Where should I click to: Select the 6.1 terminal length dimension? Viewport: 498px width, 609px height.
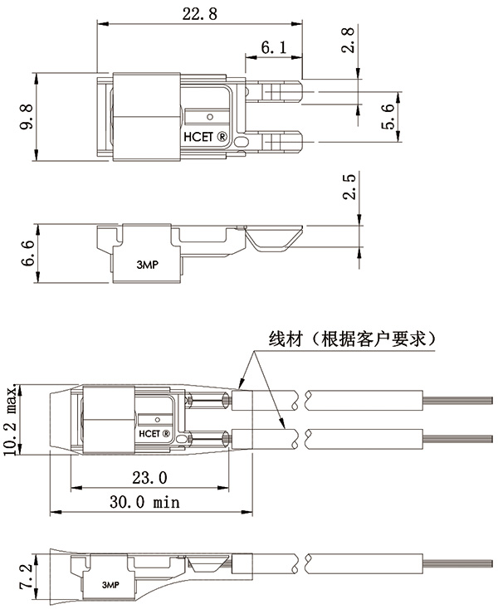(x=273, y=49)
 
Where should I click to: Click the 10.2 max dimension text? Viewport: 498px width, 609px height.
(x=11, y=421)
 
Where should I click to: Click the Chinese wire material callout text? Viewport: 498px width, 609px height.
(x=353, y=339)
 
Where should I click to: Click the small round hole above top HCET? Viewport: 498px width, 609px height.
(x=211, y=116)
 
